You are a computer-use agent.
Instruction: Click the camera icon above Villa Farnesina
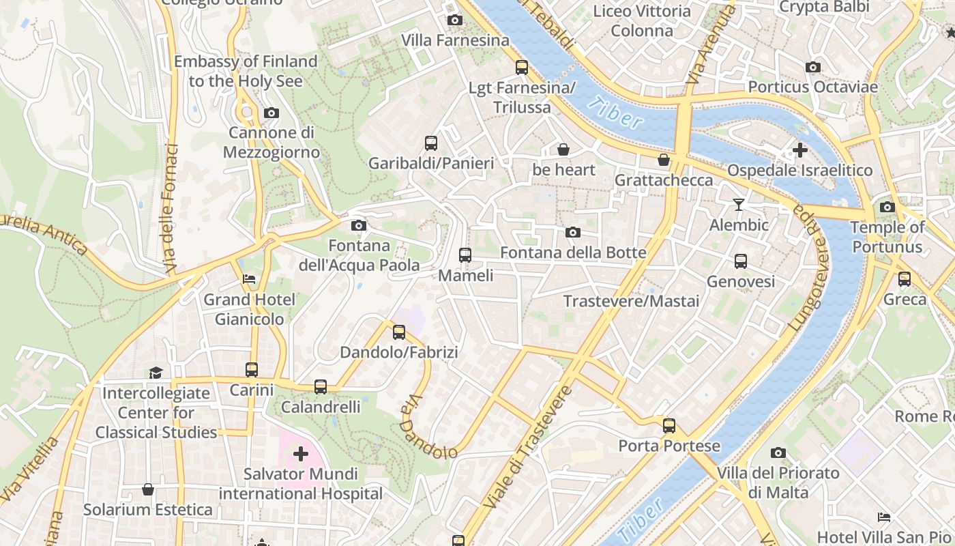click(455, 20)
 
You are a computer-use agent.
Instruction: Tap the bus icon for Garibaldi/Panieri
click(431, 143)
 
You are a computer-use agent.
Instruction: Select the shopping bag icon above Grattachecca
click(664, 160)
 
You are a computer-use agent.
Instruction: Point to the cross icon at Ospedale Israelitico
click(800, 150)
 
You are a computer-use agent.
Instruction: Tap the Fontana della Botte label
click(573, 253)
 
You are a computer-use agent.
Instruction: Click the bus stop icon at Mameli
click(465, 255)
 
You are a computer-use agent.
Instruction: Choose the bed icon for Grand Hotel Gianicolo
click(250, 279)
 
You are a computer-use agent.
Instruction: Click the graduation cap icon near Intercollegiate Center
click(156, 373)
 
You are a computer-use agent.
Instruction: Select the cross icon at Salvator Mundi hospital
click(301, 454)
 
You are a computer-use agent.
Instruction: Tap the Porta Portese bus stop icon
click(669, 426)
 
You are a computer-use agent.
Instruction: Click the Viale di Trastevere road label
click(527, 448)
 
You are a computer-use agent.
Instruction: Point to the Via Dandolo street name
click(428, 428)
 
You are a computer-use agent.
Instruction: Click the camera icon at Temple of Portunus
click(887, 207)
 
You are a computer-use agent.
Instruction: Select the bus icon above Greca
click(905, 279)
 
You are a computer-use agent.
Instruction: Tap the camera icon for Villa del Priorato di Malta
click(778, 453)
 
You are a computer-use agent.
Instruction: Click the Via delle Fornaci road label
click(170, 207)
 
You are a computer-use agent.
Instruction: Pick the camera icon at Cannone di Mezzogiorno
click(271, 113)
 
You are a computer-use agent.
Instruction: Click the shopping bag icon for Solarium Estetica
click(148, 489)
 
